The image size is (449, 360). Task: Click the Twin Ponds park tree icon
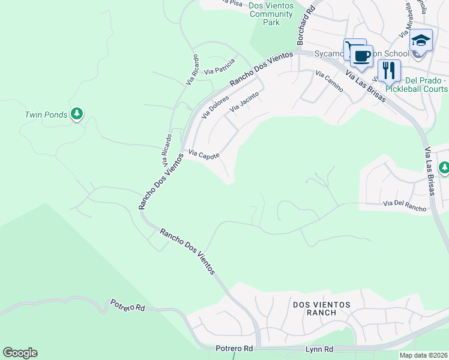[x=76, y=113]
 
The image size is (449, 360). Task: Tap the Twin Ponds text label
[x=46, y=115]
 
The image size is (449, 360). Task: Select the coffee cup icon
[x=361, y=56]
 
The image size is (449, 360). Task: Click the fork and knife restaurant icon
[x=389, y=70]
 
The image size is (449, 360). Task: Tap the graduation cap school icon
[x=421, y=41]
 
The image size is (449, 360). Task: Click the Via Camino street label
[x=329, y=82]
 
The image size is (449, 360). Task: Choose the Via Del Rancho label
[x=405, y=206]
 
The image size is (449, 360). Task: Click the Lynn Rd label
[x=321, y=349]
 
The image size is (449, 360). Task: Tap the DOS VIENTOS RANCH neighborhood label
[x=321, y=308]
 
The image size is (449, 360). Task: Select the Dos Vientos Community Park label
[x=271, y=14]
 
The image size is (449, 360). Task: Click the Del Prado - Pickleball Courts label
[x=417, y=85]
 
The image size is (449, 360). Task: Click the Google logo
[x=20, y=353]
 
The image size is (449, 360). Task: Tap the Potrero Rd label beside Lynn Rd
[x=234, y=349]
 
